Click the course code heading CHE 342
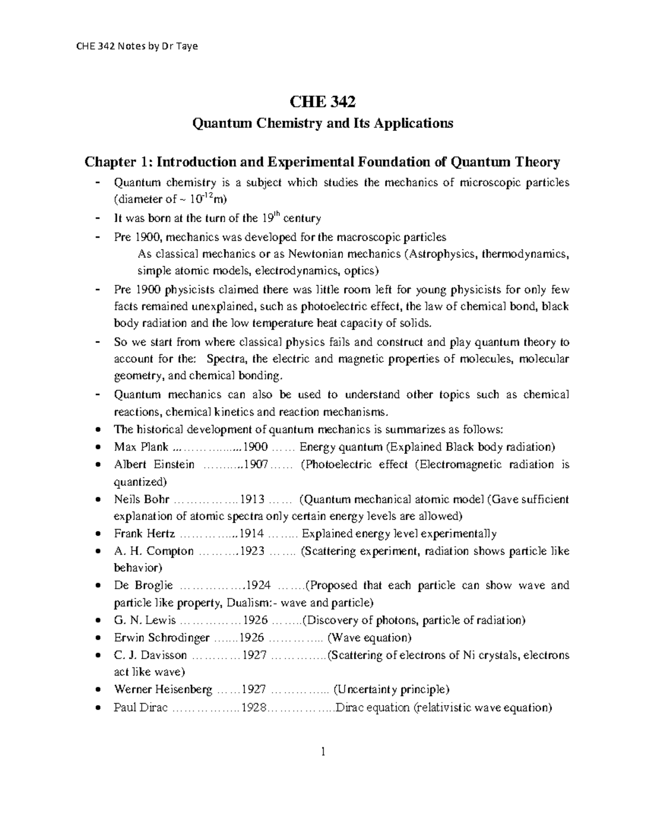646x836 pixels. click(x=323, y=102)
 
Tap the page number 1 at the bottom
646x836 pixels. click(x=323, y=752)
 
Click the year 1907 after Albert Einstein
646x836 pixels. click(x=256, y=465)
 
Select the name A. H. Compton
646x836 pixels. click(x=153, y=551)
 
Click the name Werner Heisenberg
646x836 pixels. click(x=163, y=690)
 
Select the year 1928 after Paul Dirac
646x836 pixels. click(x=254, y=707)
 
